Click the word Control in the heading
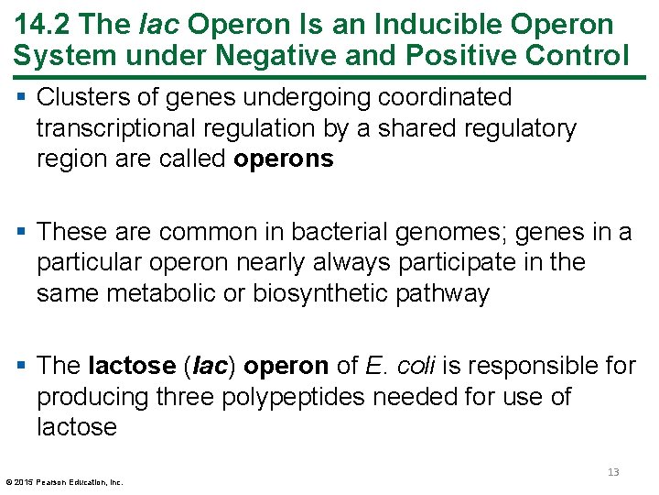[x=577, y=55]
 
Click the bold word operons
[x=284, y=159]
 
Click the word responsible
[x=521, y=366]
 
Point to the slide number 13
[x=613, y=472]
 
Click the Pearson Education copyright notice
[x=64, y=481]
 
